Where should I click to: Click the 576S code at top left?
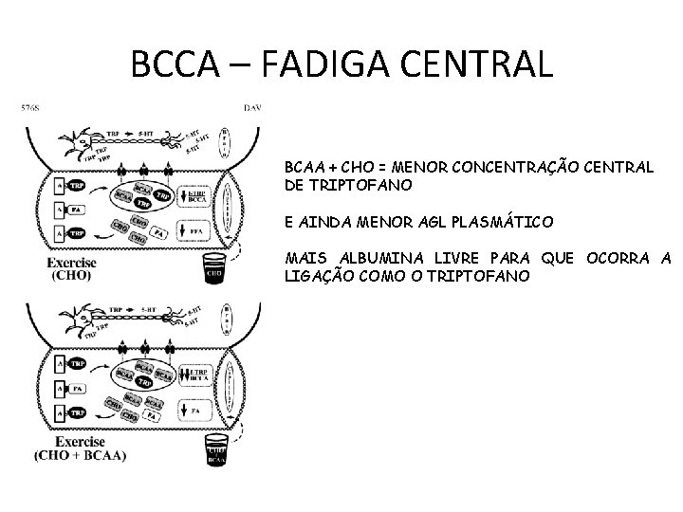29,109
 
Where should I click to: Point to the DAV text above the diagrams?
252,108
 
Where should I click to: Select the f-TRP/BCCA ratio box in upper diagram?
194,196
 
